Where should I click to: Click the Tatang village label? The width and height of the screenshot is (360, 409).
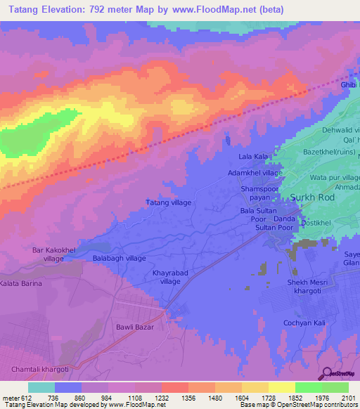168,202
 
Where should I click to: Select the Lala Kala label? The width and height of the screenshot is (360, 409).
255,156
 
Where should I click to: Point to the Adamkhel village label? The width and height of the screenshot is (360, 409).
255,172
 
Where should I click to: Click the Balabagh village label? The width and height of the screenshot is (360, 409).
120,259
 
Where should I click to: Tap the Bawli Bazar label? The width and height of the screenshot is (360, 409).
134,327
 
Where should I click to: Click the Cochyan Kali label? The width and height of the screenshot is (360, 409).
304,323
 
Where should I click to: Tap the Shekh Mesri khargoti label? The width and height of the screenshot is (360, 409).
308,285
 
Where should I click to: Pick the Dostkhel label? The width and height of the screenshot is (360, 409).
315,222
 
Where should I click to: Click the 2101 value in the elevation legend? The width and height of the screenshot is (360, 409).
349,397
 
